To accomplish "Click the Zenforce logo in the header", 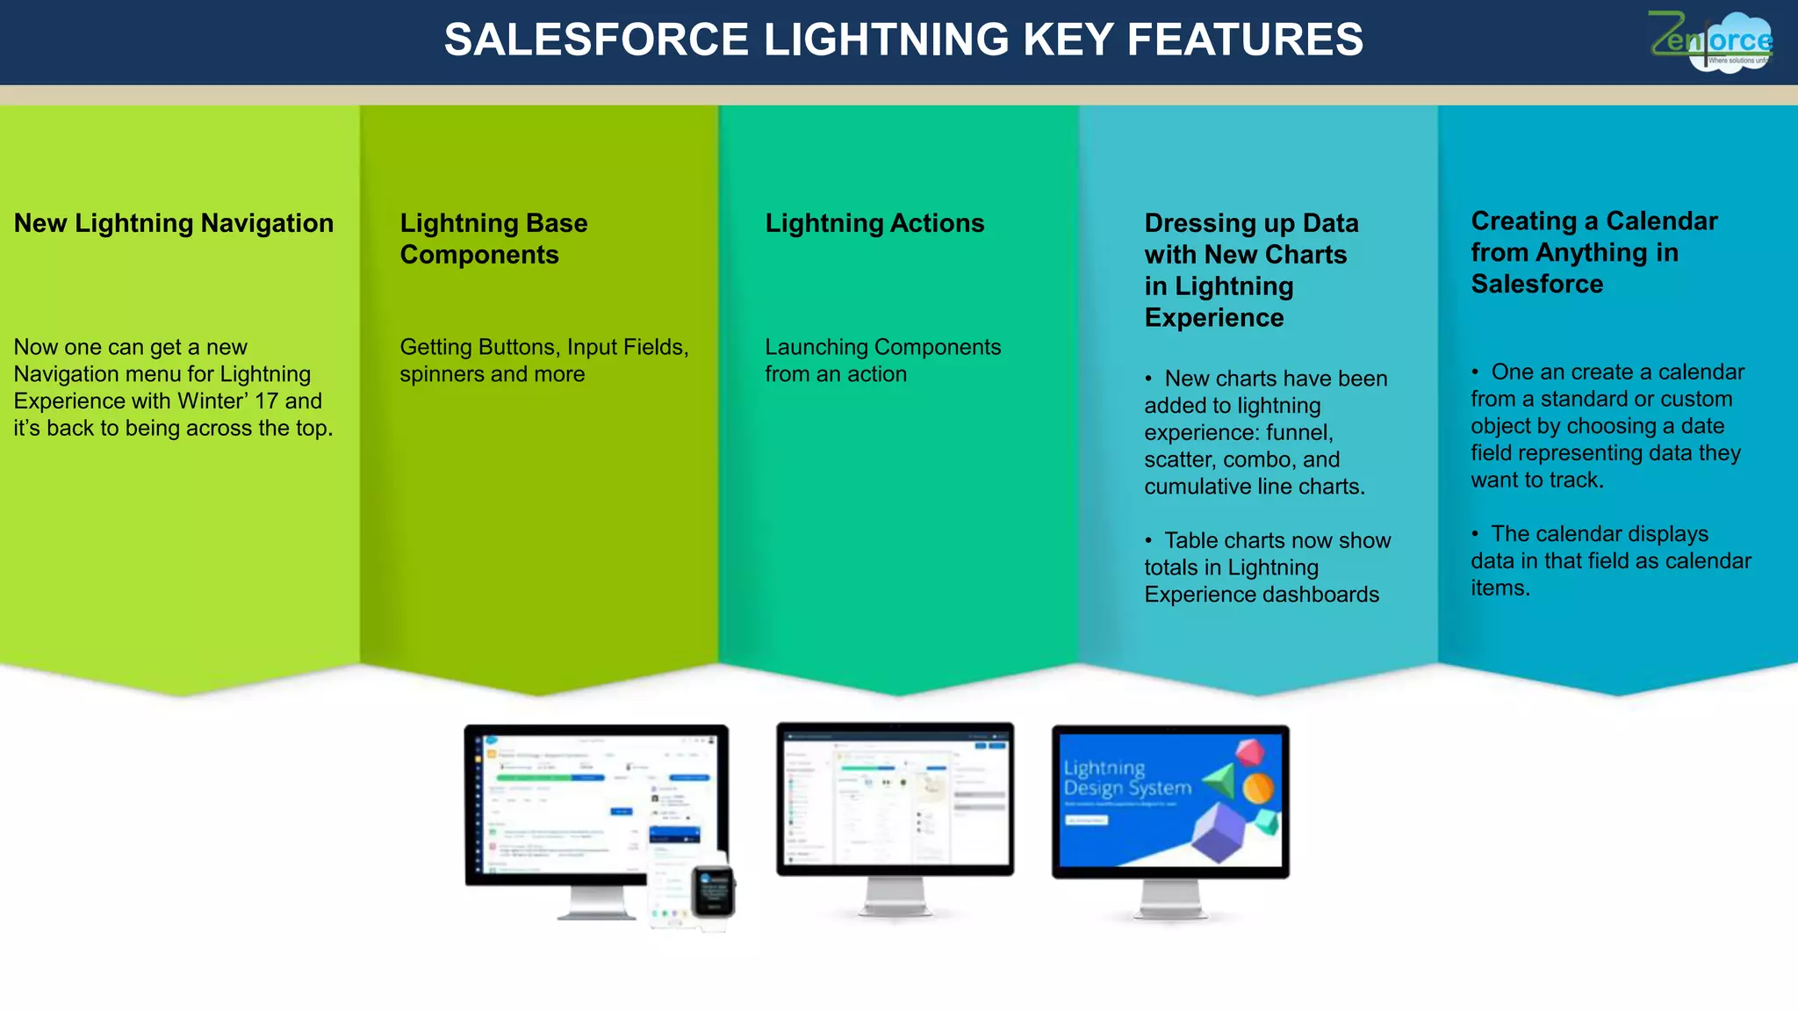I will pos(1710,41).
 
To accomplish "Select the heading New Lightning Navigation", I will pos(174,223).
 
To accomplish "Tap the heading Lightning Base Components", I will pos(493,239).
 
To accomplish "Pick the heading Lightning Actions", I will pos(874,223).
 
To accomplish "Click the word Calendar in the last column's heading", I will pos(1662,221).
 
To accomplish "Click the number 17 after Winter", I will pos(266,401).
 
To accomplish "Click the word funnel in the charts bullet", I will pos(1299,433).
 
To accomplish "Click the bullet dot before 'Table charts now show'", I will pos(1148,541).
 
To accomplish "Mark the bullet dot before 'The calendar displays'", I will pos(1476,534).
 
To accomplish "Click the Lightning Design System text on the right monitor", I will pos(1127,778).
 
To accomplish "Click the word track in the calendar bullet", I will pos(1572,481).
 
